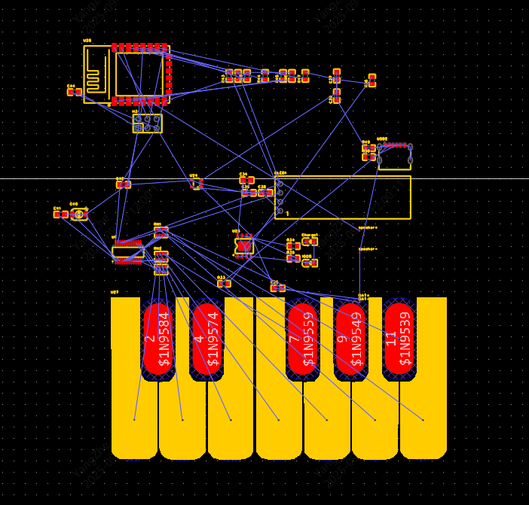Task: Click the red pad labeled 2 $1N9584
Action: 158,339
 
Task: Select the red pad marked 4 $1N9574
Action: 206,339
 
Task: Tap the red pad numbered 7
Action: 302,339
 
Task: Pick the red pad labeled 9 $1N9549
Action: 350,339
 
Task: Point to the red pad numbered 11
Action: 399,339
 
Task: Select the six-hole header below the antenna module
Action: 147,123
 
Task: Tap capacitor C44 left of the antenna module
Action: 74,92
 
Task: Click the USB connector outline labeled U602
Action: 395,157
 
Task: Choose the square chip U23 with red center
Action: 243,245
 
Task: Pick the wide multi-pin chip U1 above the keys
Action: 127,252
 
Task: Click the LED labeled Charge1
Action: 310,242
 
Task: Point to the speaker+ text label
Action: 368,227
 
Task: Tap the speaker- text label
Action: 367,248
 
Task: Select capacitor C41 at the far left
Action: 60,214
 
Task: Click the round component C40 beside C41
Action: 79,214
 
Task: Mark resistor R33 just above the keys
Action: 224,283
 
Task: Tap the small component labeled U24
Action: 196,183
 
